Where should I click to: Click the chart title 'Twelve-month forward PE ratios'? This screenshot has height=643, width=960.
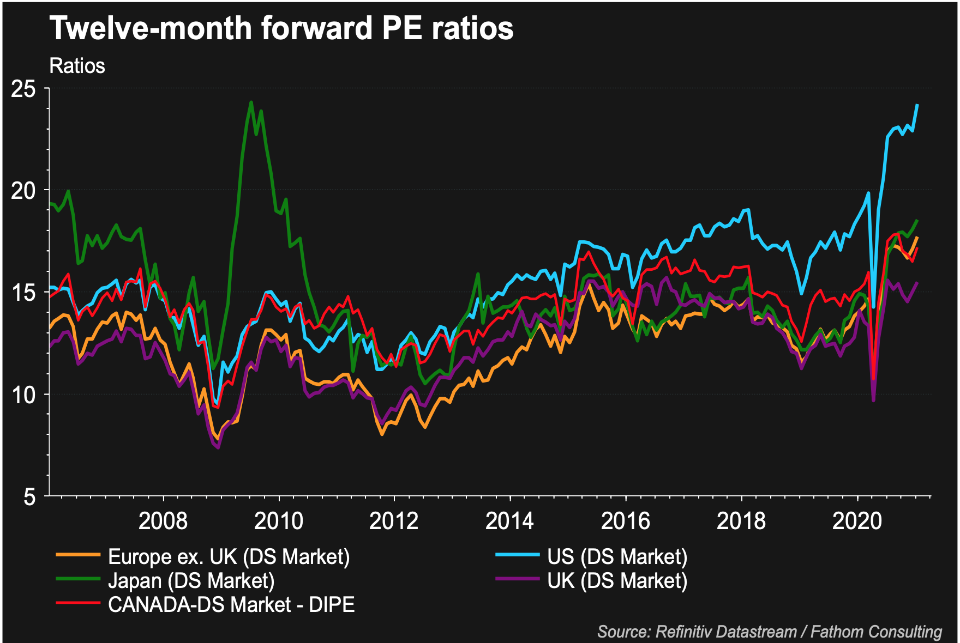[x=281, y=28]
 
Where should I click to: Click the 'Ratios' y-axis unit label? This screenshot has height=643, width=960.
[x=77, y=66]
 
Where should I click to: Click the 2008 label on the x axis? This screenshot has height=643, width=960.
[x=163, y=521]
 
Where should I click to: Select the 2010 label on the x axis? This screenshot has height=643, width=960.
[x=278, y=521]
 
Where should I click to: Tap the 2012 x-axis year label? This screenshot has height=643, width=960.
[x=394, y=521]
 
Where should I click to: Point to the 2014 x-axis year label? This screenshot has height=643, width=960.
[x=509, y=521]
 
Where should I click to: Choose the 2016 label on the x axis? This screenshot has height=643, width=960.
[x=625, y=521]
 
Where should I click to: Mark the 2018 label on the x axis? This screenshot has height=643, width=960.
[x=741, y=521]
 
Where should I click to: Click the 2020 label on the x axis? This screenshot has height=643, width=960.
[x=857, y=521]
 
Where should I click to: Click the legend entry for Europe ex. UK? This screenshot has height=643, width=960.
[x=229, y=557]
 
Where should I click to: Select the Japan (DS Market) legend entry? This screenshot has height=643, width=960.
[x=191, y=581]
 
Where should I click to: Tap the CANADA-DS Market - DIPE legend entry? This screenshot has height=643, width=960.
[x=231, y=605]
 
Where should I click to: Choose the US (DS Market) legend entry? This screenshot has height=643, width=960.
[x=617, y=557]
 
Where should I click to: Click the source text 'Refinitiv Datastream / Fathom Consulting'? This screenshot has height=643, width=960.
[x=770, y=632]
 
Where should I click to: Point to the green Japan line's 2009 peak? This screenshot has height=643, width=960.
[x=251, y=102]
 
